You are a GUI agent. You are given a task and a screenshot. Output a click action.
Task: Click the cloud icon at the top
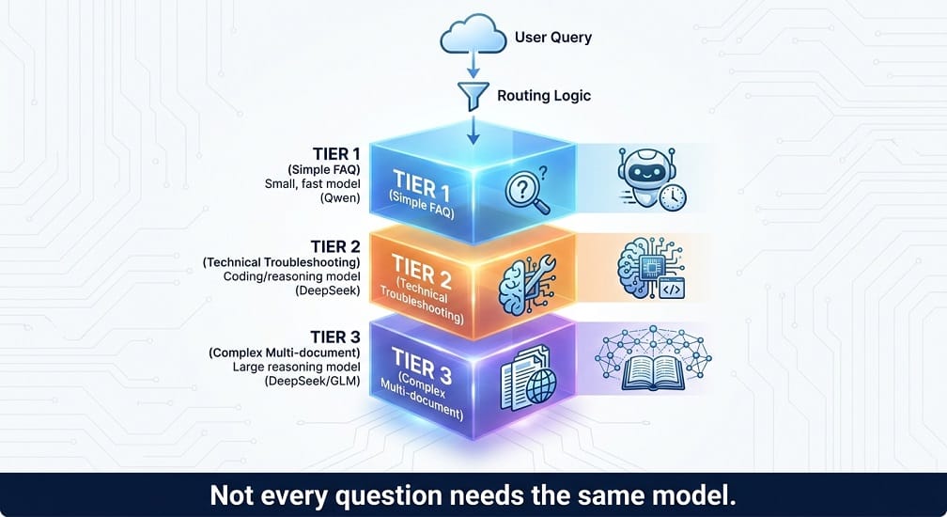473,35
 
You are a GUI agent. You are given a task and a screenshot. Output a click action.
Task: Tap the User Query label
553,37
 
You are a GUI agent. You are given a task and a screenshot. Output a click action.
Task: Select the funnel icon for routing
473,97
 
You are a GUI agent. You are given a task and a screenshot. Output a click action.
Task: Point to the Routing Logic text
544,96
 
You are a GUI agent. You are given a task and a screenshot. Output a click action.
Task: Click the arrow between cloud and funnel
473,65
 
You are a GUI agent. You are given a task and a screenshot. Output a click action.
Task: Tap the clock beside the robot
673,197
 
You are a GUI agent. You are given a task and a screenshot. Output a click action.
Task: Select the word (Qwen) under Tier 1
340,197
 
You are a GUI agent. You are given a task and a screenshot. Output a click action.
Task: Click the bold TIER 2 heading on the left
335,246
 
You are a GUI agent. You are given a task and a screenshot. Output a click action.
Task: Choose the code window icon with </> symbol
673,290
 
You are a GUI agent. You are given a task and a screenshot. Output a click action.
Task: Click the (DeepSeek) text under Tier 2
327,290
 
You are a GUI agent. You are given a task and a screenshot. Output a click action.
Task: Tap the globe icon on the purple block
541,386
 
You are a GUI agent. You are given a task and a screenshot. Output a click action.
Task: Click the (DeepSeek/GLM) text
312,381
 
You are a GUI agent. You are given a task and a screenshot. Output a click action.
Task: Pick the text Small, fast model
312,183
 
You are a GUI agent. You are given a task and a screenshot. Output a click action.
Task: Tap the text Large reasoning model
297,367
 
